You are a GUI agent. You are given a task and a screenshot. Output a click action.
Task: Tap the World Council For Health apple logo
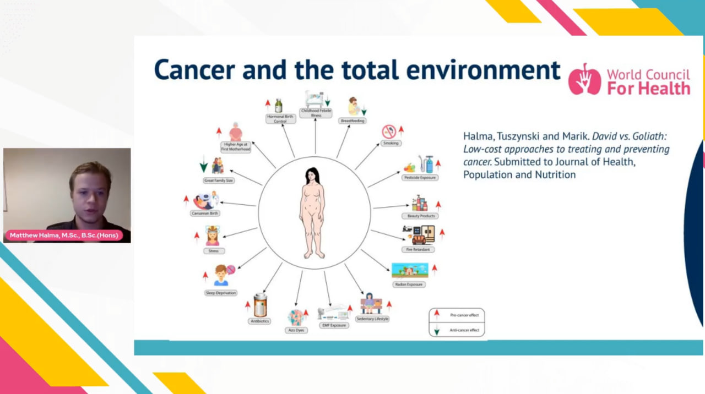584,79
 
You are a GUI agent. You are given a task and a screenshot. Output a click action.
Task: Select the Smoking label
391,143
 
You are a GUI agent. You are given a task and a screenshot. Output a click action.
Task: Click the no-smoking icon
389,132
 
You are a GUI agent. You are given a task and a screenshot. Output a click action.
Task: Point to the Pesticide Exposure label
420,178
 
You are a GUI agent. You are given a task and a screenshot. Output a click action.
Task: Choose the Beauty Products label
421,216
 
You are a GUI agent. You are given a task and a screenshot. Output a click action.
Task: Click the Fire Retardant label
417,249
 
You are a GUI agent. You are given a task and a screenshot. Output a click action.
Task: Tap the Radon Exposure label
409,284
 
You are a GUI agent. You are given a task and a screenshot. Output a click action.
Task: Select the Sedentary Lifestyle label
372,319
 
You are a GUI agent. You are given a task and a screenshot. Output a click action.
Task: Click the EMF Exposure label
334,325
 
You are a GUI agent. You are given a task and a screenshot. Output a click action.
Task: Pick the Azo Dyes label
296,330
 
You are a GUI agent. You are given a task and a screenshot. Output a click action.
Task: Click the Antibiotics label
259,321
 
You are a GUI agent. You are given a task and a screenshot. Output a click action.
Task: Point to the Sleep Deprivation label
221,293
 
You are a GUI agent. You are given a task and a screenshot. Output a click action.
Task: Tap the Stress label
213,251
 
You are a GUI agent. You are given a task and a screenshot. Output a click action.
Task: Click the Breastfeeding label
352,121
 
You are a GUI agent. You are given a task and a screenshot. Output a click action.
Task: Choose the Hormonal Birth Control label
280,119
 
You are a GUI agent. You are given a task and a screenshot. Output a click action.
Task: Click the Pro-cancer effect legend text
464,315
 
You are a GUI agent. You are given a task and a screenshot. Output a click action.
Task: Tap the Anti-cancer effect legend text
464,330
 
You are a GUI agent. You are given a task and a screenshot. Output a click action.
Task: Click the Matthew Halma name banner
64,236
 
